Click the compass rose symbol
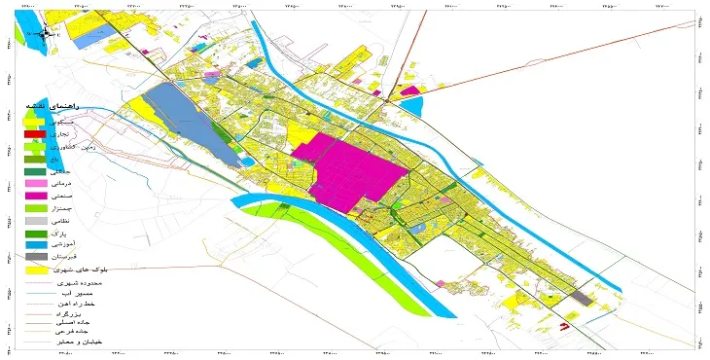[46, 29]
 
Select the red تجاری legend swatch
[35, 133]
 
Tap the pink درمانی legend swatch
[35, 184]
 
